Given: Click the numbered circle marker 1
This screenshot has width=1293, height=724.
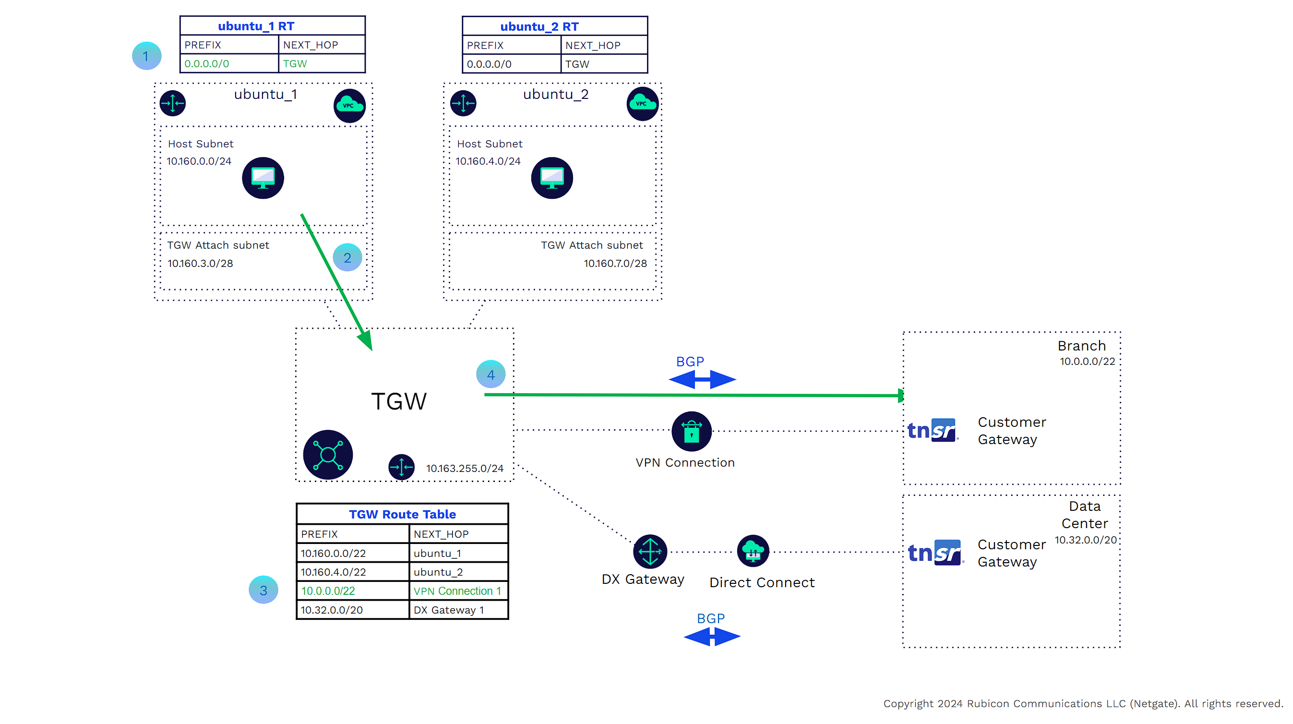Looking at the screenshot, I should [146, 56].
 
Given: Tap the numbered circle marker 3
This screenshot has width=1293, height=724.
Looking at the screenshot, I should [263, 590].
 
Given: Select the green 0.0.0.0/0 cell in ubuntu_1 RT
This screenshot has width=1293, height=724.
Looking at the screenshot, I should [207, 64].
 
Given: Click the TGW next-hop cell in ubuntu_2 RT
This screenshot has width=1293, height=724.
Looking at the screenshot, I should [577, 64].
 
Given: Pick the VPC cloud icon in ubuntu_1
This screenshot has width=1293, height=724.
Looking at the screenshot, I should [349, 106].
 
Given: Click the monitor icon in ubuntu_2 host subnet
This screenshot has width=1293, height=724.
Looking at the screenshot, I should [551, 178].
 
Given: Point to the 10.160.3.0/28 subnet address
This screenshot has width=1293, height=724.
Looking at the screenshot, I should [200, 263].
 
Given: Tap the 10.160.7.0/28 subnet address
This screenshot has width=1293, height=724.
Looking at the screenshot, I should [615, 263].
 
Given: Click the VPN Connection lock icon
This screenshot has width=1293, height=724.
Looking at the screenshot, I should [691, 431].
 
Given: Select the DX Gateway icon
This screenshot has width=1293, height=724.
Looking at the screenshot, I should [650, 551].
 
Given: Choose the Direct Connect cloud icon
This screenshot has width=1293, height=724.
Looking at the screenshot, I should [753, 551].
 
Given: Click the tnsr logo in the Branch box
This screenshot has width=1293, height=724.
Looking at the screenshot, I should [932, 430].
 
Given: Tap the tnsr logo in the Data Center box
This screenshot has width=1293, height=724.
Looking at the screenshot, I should [934, 552].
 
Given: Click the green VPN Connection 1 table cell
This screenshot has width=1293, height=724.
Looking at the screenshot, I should [457, 591].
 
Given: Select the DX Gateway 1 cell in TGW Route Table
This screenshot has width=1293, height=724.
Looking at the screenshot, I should [449, 610].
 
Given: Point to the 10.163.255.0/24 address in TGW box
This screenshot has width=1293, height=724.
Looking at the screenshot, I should [465, 468].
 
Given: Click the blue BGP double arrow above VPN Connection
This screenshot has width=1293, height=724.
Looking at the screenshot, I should [702, 379].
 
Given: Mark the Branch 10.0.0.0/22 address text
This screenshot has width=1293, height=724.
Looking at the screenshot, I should [1087, 362].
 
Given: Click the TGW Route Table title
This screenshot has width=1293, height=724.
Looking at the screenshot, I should [402, 514].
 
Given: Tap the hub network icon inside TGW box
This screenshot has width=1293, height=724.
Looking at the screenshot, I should [328, 454].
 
